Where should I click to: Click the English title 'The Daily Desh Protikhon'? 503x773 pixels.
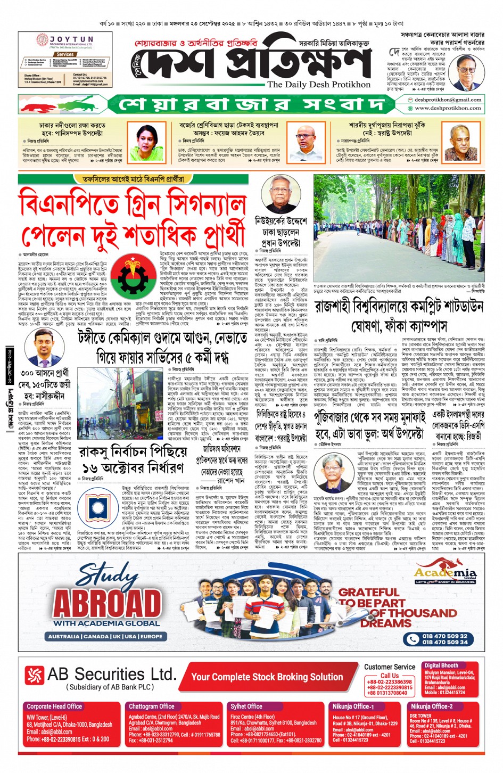318,84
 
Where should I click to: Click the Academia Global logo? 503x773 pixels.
446,574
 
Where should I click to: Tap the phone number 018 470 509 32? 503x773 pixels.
444,636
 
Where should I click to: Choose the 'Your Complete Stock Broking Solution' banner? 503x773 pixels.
267,677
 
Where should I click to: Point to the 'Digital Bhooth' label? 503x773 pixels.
441,665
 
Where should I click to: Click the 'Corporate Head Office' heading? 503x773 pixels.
54,706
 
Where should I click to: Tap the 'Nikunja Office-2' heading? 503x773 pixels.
431,706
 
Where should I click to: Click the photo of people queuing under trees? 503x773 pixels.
399,229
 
